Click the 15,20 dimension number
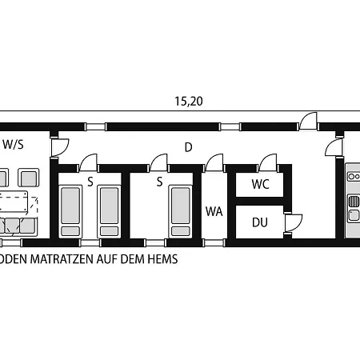pos(189,102)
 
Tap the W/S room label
pos(14,144)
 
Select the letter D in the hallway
pos(189,147)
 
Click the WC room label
pos(261,184)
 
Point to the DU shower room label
pos(260,222)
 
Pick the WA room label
pos(214,211)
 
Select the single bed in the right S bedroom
pos(181,211)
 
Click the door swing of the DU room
pos(294,223)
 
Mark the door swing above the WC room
pos(268,162)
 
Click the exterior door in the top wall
pos(308,122)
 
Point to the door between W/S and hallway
pos(60,147)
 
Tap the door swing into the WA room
pos(214,162)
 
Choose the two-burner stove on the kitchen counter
pos(354,177)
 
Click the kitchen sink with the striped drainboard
pos(354,208)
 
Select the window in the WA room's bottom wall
pos(214,242)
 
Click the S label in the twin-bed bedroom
pos(90,182)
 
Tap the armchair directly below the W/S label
pos(29,178)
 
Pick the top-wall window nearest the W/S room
pos(96,126)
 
